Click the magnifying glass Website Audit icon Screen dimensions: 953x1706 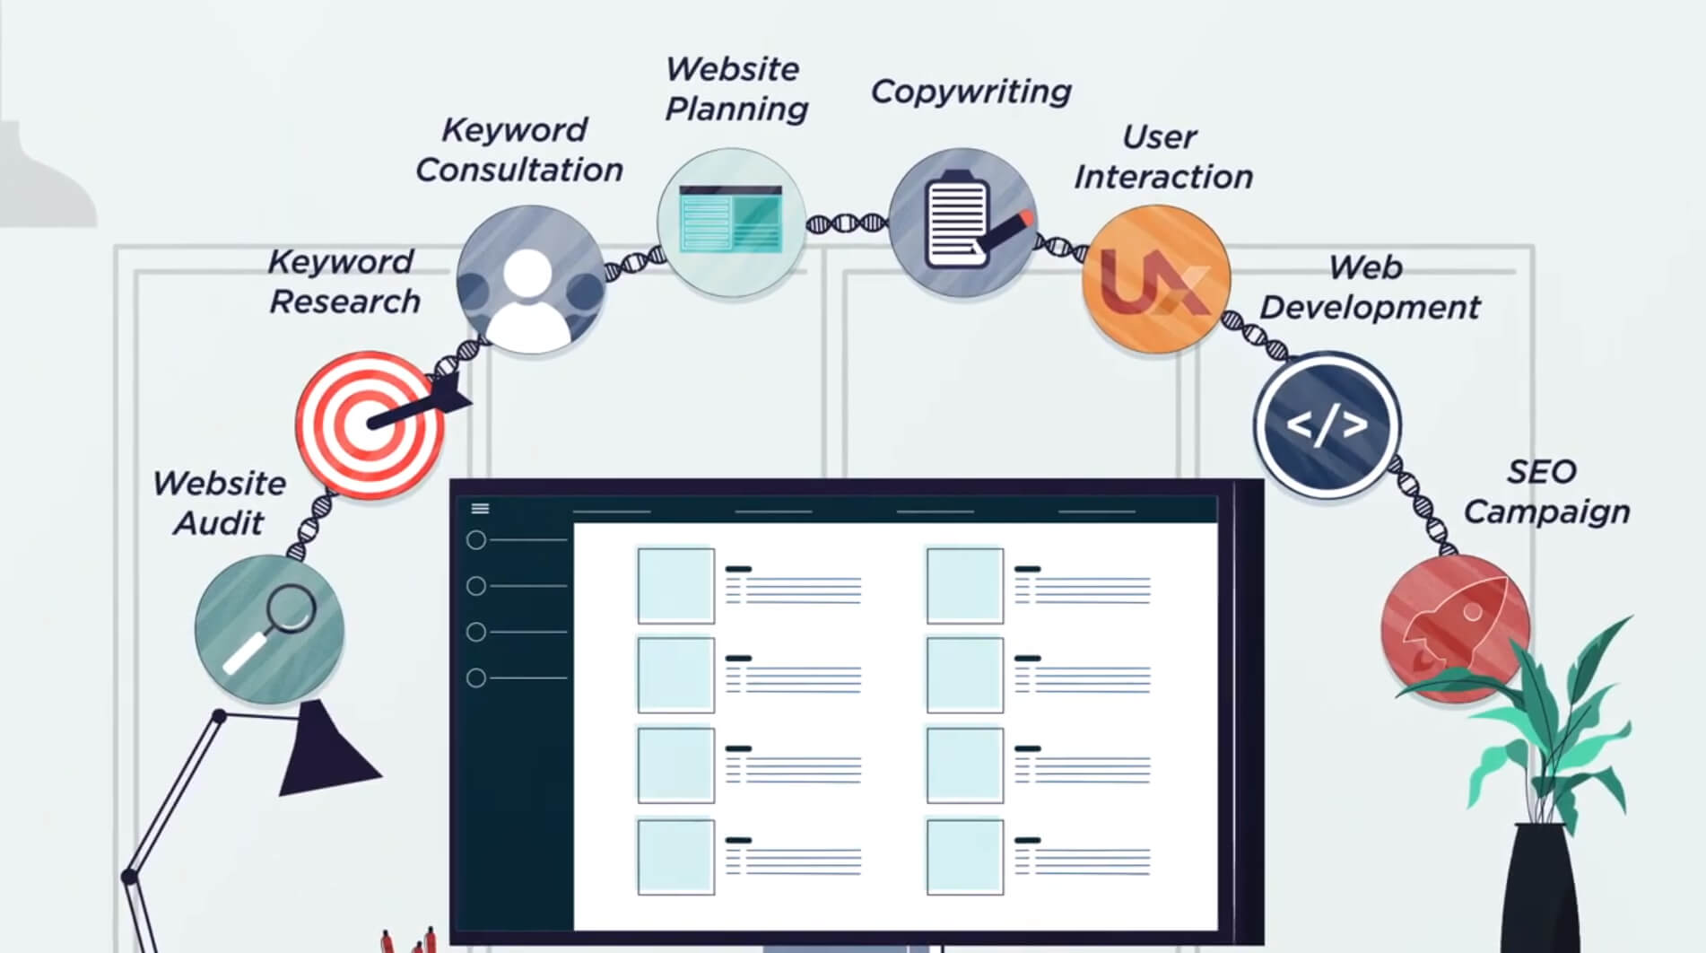[269, 628]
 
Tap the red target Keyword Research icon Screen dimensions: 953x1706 [369, 424]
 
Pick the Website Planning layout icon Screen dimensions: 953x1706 [731, 222]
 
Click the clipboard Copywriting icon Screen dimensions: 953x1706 [962, 222]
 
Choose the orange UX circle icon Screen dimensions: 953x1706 [1154, 279]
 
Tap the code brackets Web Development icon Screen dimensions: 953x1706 [1327, 424]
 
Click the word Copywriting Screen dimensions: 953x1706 [971, 92]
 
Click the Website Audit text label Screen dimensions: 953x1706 [220, 503]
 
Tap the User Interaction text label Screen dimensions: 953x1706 [1163, 157]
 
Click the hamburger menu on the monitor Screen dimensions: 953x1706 [480, 509]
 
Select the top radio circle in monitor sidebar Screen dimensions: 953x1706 [476, 540]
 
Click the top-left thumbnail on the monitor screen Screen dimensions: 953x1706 [675, 585]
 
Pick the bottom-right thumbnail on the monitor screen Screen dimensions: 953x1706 [964, 856]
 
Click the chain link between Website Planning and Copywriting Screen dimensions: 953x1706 [847, 223]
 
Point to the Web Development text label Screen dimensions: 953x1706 [1369, 287]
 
